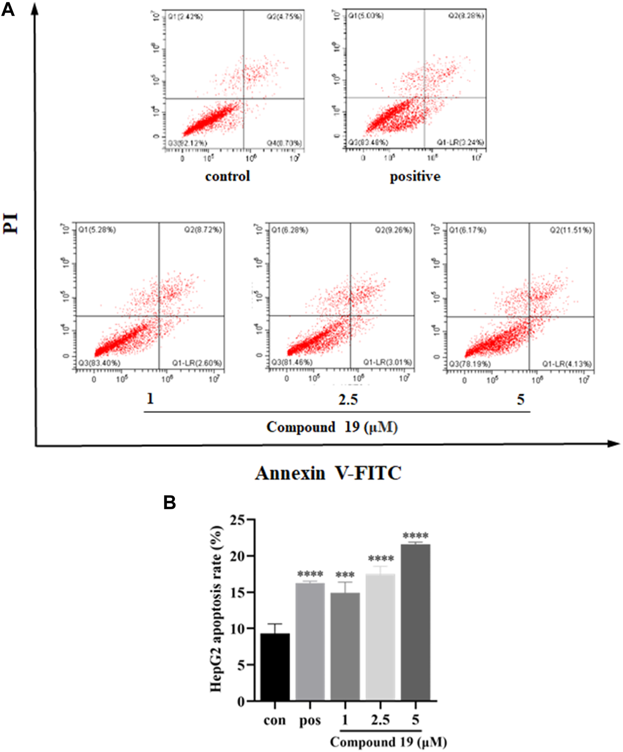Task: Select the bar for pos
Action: (310, 642)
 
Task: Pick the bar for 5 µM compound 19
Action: (415, 622)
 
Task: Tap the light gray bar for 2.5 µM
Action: (380, 637)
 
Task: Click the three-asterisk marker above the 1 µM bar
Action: (345, 575)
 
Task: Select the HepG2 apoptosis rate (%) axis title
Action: (216, 610)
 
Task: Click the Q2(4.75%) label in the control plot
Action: (284, 17)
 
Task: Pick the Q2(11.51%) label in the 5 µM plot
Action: (570, 230)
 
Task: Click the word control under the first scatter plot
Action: (228, 176)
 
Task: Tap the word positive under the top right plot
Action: (415, 177)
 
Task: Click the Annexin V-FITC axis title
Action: (328, 473)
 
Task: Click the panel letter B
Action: (170, 502)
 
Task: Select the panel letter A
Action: (8, 9)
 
